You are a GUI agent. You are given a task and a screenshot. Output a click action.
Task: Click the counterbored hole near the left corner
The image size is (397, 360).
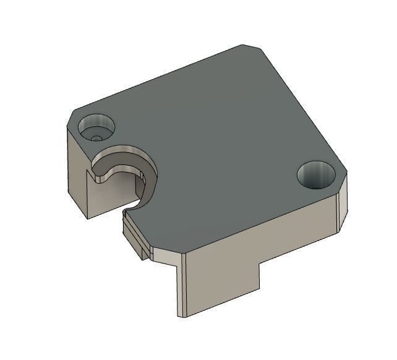coord(98,127)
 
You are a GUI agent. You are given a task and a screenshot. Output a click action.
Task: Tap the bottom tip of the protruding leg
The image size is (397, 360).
coord(183,315)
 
